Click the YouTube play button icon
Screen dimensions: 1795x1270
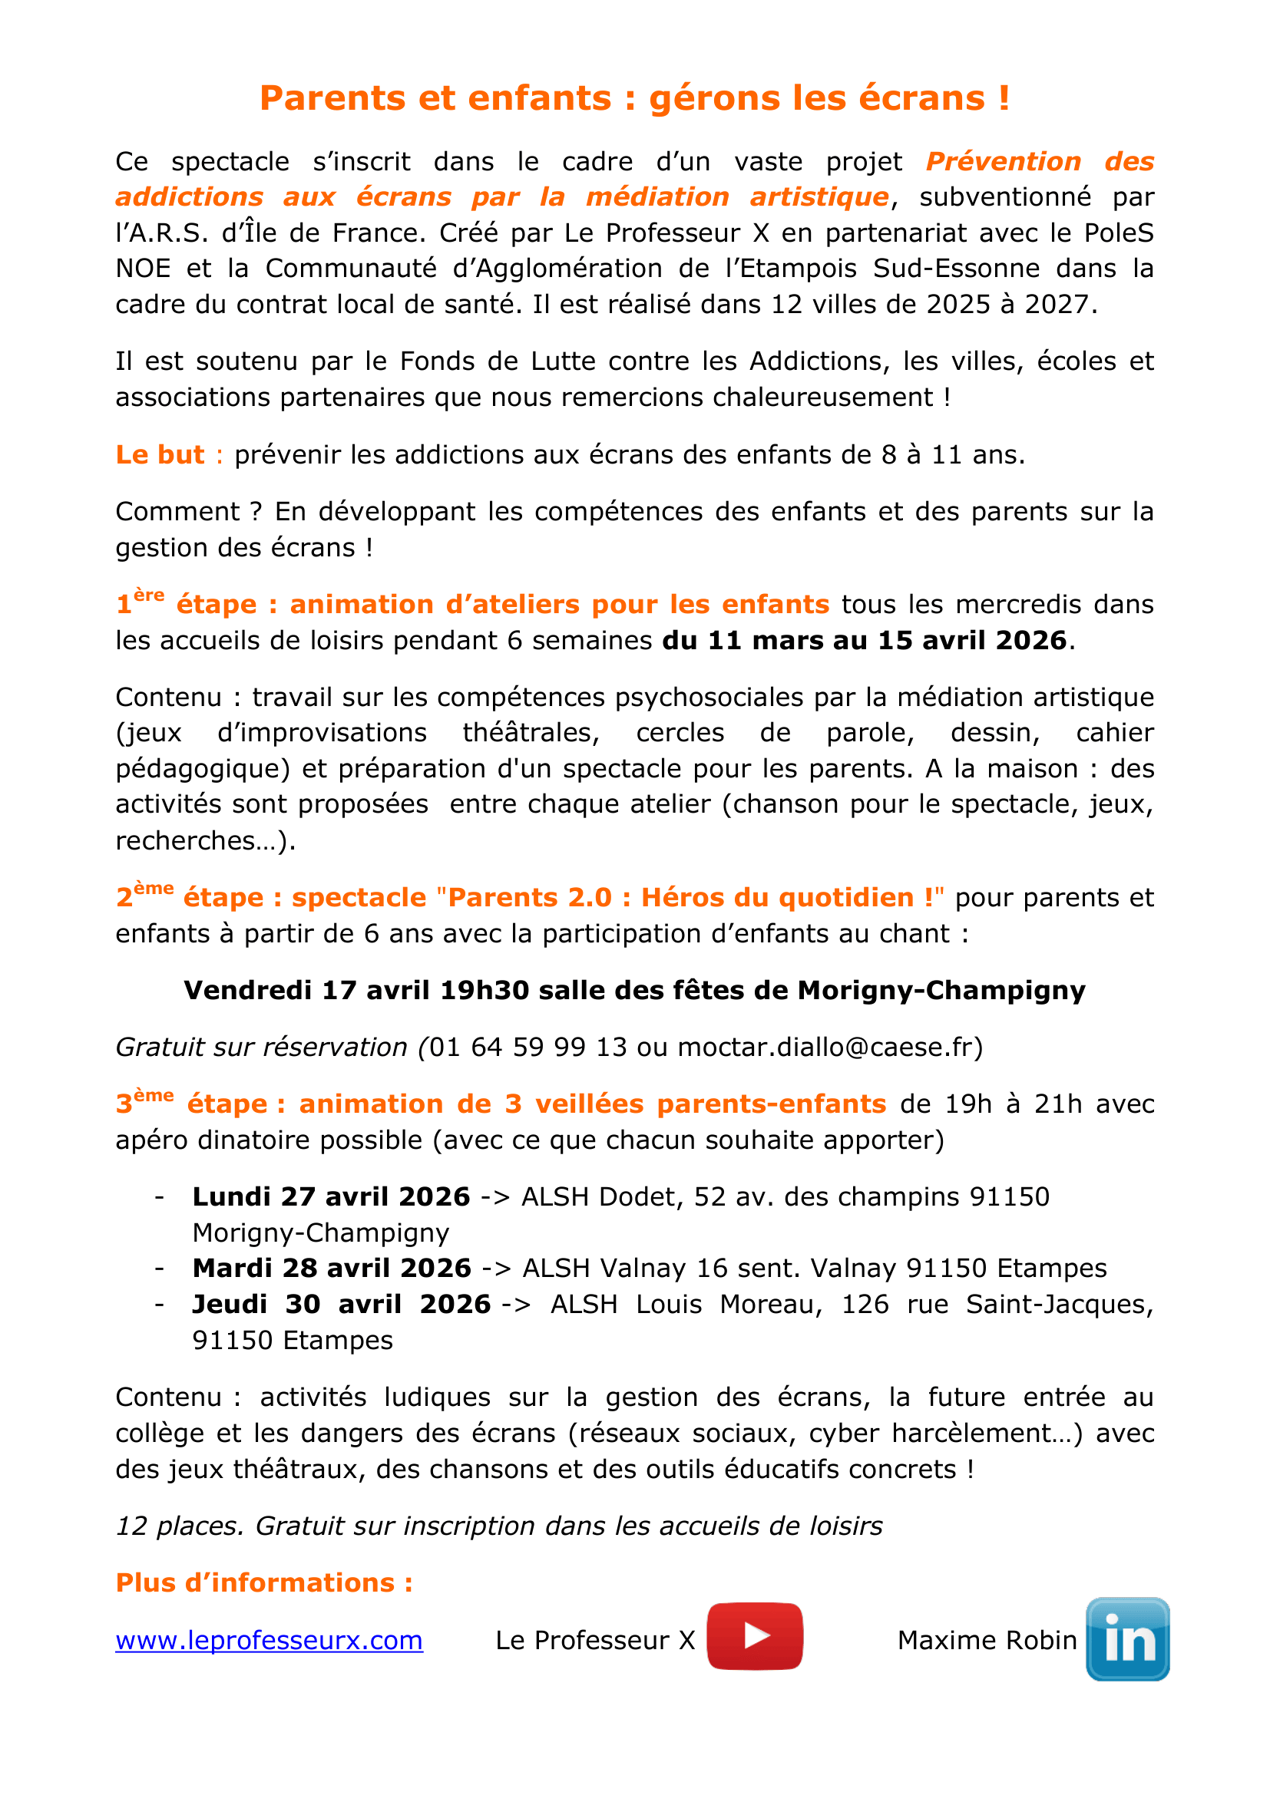[755, 1635]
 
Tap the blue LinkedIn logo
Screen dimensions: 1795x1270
[1127, 1638]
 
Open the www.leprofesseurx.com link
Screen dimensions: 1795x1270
[269, 1640]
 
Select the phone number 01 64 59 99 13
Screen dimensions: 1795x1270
[528, 1047]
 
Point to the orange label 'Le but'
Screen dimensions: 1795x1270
[160, 454]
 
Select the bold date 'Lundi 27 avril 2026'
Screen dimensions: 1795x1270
[331, 1197]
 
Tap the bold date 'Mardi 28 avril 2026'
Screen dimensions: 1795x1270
[332, 1268]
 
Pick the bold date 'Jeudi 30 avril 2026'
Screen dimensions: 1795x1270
[341, 1304]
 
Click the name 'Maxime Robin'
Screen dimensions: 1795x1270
[987, 1640]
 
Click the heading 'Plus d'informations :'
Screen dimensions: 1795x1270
[263, 1582]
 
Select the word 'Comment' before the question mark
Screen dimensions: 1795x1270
[177, 511]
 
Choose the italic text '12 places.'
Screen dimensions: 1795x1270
[180, 1526]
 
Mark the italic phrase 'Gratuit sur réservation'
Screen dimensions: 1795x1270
[261, 1047]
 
